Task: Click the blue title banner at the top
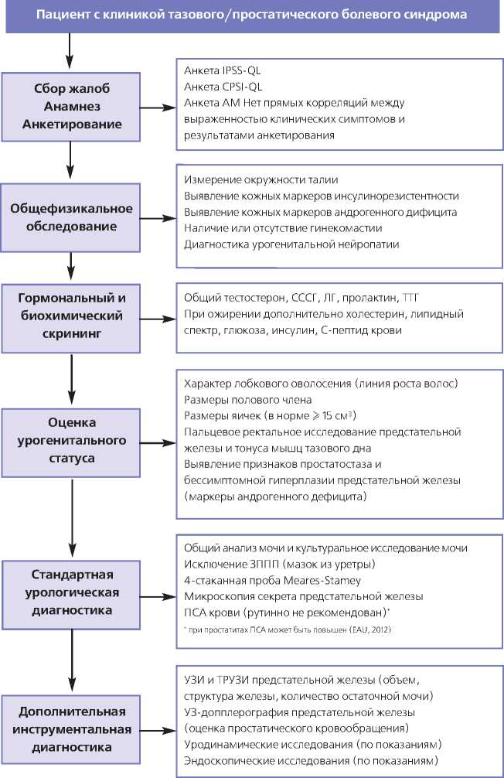point(252,16)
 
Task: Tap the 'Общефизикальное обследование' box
point(72,217)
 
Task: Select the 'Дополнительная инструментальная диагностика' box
point(72,728)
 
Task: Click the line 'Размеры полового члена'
point(247,400)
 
